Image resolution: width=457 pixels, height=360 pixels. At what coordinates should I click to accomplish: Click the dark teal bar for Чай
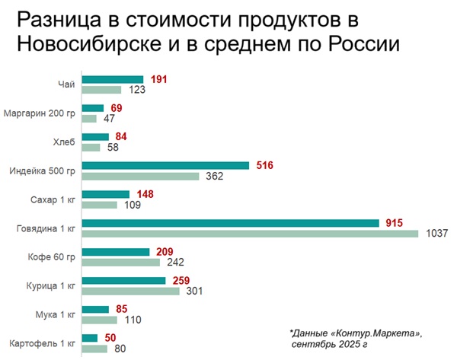pyautogui.click(x=112, y=79)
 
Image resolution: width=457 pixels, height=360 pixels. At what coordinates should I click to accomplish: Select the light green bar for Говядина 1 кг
pyautogui.click(x=250, y=233)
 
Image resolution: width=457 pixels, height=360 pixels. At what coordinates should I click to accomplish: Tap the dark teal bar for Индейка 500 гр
pyautogui.click(x=165, y=165)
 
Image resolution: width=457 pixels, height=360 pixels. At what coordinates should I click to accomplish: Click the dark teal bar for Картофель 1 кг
pyautogui.click(x=89, y=338)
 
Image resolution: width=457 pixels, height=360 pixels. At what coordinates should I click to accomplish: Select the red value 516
pyautogui.click(x=264, y=165)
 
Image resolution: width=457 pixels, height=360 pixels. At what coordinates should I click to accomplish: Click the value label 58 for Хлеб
pyautogui.click(x=112, y=148)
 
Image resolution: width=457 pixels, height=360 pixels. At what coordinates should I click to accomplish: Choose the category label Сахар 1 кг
pyautogui.click(x=56, y=199)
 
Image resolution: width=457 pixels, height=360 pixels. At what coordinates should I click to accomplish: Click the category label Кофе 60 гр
pyautogui.click(x=55, y=256)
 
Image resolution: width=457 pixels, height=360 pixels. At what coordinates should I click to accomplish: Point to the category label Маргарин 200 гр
pyautogui.click(x=40, y=113)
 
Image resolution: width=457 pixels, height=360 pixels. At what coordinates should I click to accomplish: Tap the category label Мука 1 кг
pyautogui.click(x=58, y=314)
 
